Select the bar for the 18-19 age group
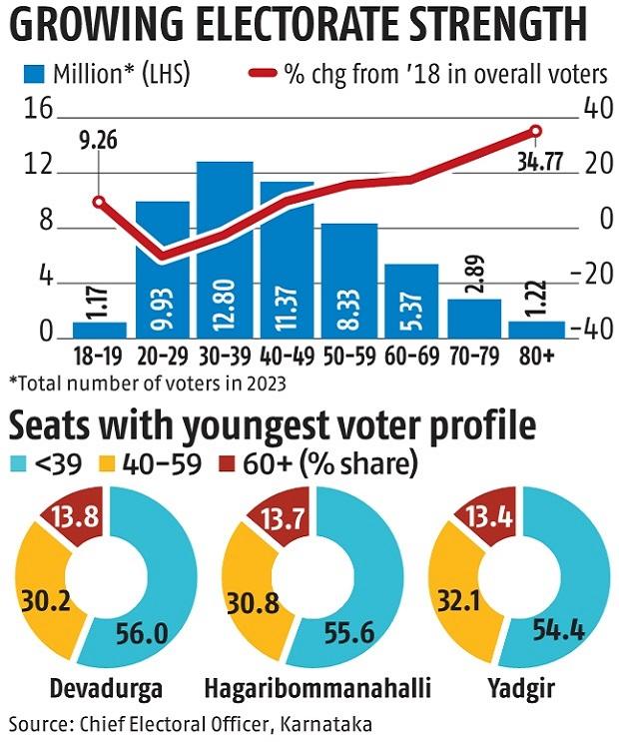click(100, 330)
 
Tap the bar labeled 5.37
click(411, 302)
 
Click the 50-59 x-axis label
click(349, 357)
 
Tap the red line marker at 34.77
click(535, 131)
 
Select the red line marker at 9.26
click(99, 202)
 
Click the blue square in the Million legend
click(36, 73)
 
